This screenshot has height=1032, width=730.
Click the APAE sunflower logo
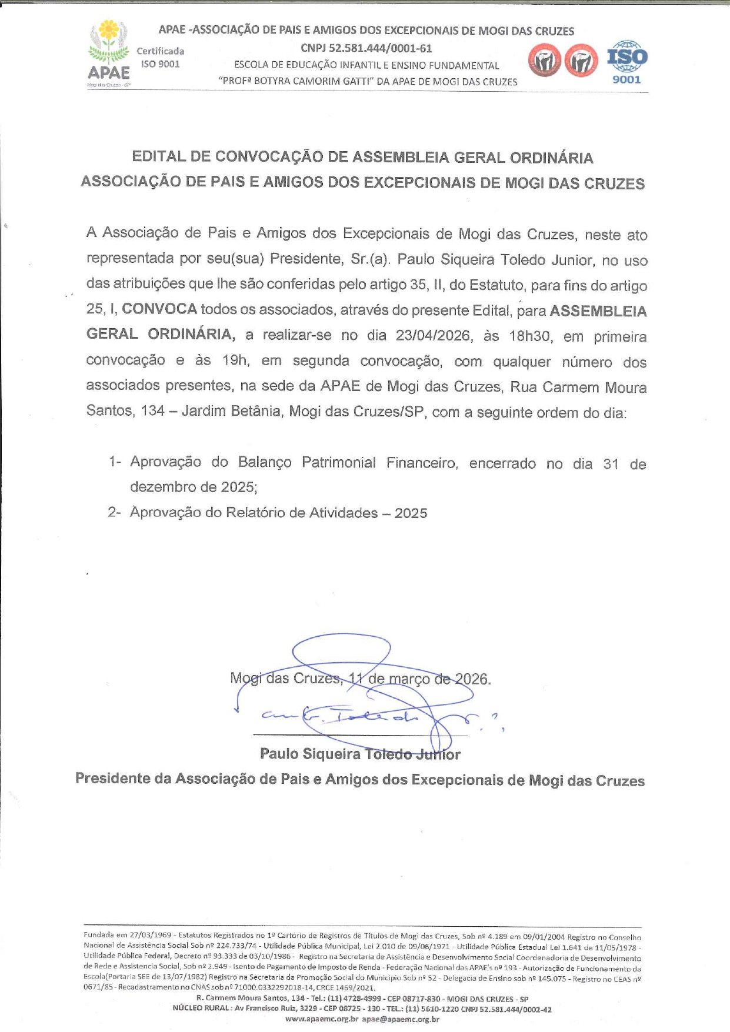point(109,53)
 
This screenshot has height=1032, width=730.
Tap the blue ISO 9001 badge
point(627,62)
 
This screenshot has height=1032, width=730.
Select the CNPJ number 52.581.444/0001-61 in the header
point(366,48)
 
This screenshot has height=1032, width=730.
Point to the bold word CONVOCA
point(159,309)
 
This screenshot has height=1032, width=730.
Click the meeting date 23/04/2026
point(433,336)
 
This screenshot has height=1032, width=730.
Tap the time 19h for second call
point(235,360)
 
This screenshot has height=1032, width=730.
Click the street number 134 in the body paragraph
point(153,410)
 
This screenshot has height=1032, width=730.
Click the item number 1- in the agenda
point(115,462)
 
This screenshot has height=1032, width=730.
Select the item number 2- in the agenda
point(115,513)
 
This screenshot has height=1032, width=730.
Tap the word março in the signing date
point(408,679)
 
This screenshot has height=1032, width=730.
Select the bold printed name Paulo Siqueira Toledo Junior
point(360,754)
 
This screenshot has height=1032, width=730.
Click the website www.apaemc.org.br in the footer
point(322,1019)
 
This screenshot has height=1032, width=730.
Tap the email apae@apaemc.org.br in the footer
point(401,1019)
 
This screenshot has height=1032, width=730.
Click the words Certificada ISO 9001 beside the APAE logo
point(160,58)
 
